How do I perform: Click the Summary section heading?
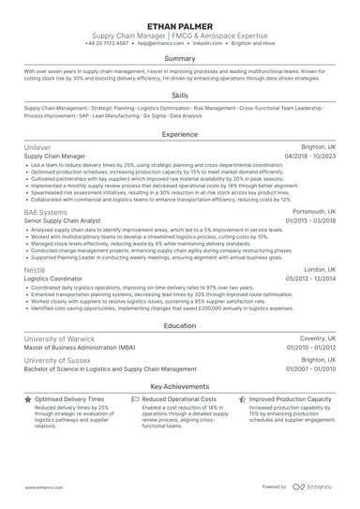(x=179, y=58)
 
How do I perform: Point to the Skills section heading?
(x=179, y=96)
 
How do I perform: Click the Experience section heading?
(x=179, y=135)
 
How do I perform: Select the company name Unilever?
(x=38, y=148)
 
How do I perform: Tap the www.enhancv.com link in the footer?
(x=43, y=487)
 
